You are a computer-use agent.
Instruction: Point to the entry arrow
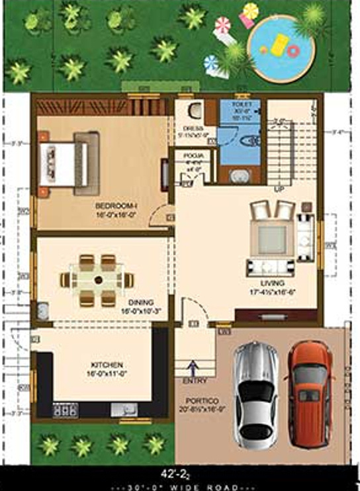(x=193, y=367)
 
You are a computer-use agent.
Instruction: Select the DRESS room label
(x=193, y=129)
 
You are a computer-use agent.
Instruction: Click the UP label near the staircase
(x=279, y=189)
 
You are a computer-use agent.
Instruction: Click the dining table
(x=98, y=281)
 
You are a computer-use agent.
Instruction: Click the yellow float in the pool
(x=278, y=48)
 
